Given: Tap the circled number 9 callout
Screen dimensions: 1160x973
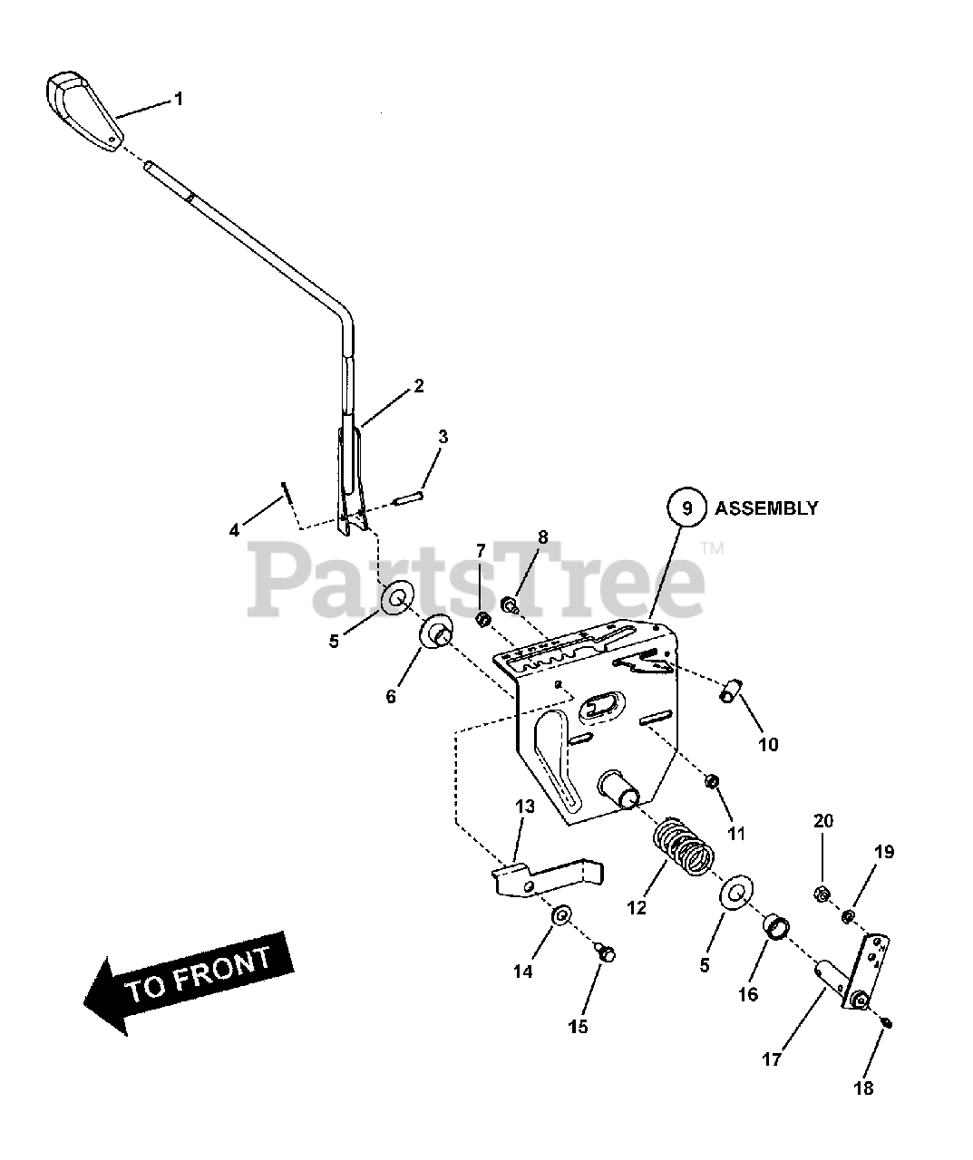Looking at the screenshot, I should [x=686, y=508].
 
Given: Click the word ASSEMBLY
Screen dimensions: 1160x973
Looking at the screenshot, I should [x=766, y=508].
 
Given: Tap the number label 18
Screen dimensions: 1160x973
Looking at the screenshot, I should [x=863, y=1087].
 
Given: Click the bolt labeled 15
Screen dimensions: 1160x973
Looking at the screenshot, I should [x=606, y=952].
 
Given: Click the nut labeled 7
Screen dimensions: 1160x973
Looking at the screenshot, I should [x=483, y=619].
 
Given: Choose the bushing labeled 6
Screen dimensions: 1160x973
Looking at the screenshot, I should [x=437, y=632].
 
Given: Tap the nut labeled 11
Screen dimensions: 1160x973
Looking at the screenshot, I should [x=712, y=780].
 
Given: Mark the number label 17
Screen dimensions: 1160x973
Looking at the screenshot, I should [x=771, y=1058].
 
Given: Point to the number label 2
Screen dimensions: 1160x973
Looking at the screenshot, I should [x=418, y=385].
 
